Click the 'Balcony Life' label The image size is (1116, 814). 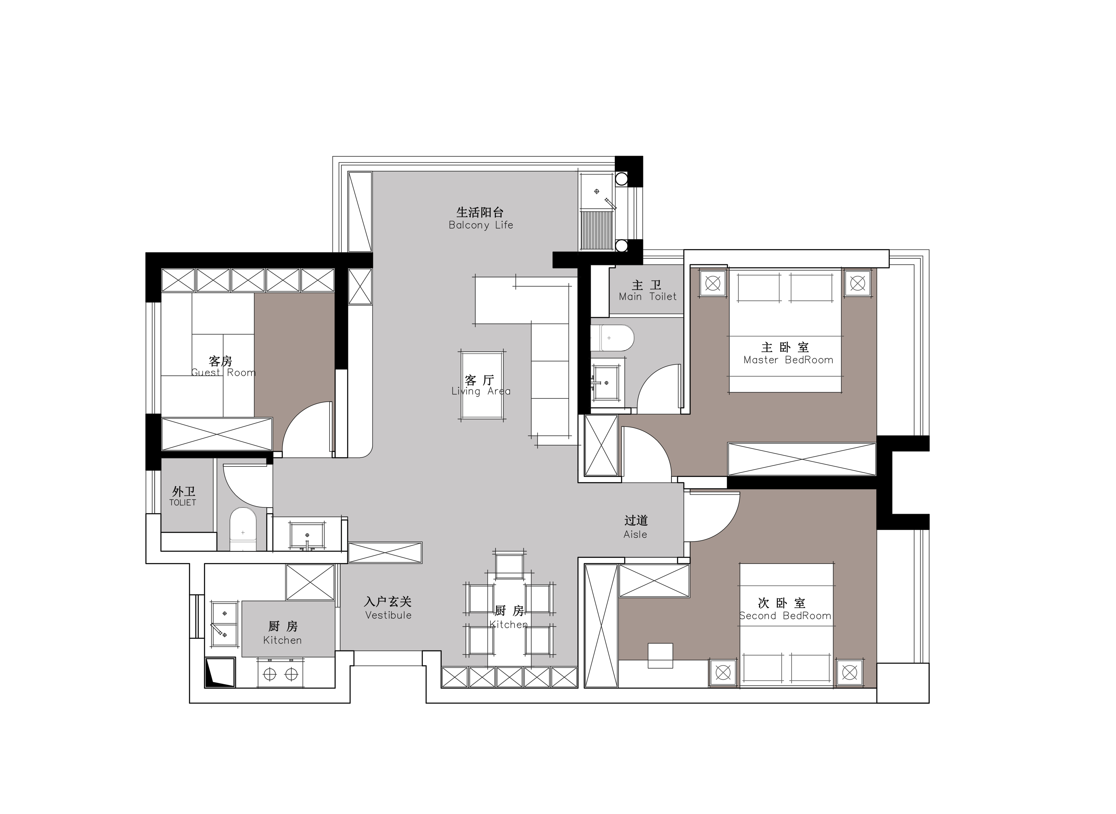(x=481, y=225)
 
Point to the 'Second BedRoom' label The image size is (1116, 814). (x=785, y=616)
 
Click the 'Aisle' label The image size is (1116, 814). (x=635, y=535)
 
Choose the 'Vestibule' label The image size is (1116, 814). (x=388, y=615)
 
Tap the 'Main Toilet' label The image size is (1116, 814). (x=648, y=297)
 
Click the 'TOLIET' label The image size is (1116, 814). (x=183, y=503)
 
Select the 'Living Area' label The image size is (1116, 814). (x=481, y=391)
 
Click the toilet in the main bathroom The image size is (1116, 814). (x=612, y=337)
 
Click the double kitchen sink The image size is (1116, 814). (x=225, y=624)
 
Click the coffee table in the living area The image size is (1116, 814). (x=482, y=385)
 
